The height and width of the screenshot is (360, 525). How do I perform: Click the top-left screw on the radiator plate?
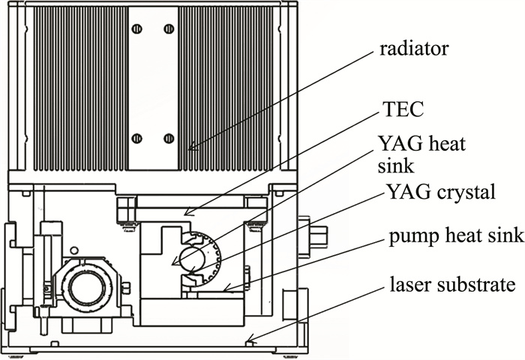pyautogui.click(x=136, y=29)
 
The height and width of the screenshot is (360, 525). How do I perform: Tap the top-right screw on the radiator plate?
pyautogui.click(x=169, y=29)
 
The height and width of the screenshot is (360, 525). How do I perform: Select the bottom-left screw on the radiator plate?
pyautogui.click(x=136, y=139)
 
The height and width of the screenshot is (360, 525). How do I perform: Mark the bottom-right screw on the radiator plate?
pyautogui.click(x=169, y=139)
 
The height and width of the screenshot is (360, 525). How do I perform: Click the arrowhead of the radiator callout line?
pyautogui.click(x=190, y=149)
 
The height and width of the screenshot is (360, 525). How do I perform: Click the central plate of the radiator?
pyautogui.click(x=152, y=86)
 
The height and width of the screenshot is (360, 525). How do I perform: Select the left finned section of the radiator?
pyautogui.click(x=75, y=86)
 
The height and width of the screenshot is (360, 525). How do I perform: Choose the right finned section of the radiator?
pyautogui.click(x=228, y=86)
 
